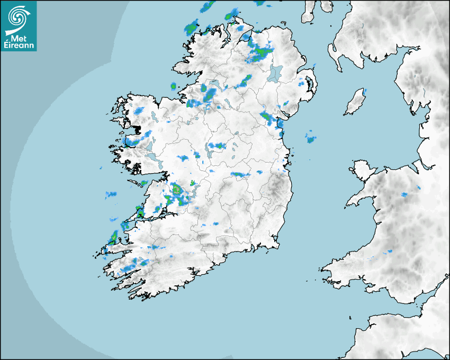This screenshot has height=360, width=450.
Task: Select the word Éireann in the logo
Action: tap(19, 46)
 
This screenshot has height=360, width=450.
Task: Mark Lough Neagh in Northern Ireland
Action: tap(275, 73)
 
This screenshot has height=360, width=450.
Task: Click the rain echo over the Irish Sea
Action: tap(311, 139)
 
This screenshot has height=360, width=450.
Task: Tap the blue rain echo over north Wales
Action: tap(404, 195)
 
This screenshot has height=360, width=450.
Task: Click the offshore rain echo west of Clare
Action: tap(111, 194)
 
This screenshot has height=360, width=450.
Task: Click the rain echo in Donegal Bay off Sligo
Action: tap(173, 86)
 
